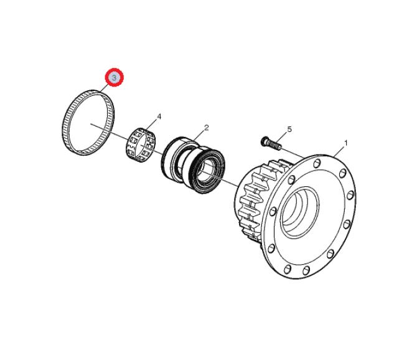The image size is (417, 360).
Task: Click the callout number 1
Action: click(345, 143)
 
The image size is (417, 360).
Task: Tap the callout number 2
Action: click(207, 128)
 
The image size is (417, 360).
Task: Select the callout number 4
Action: click(159, 116)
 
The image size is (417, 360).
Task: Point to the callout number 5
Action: click(289, 130)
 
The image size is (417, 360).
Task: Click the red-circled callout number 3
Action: click(114, 77)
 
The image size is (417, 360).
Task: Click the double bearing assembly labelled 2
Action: click(194, 164)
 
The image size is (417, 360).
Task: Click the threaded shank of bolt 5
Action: click(274, 145)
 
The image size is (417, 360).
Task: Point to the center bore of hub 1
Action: click(300, 212)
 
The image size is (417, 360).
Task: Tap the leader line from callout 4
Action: click(152, 124)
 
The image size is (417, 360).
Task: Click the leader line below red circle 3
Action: click(105, 88)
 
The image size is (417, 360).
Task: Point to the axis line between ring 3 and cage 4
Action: click(110, 131)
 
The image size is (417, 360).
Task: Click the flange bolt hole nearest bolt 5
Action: click(316, 163)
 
